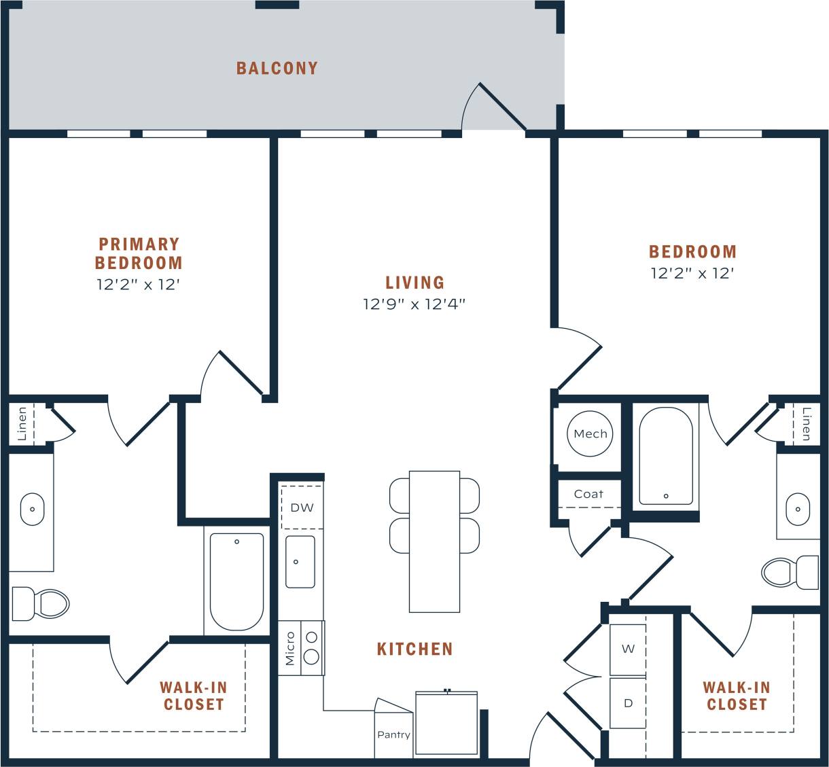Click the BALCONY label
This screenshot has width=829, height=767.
point(277,68)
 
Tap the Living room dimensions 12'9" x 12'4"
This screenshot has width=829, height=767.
point(414,304)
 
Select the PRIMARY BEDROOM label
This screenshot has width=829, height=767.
point(139,253)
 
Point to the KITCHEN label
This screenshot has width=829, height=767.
point(414,649)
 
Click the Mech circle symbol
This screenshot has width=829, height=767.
point(590,433)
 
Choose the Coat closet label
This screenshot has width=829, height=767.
point(588,494)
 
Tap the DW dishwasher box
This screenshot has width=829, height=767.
point(302,507)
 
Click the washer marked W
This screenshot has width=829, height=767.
point(628,649)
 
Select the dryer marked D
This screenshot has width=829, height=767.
point(628,703)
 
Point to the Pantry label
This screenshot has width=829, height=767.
point(393,734)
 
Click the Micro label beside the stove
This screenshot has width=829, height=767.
point(290,648)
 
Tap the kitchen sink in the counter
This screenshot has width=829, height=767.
point(300,562)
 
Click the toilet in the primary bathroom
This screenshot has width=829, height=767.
point(42,603)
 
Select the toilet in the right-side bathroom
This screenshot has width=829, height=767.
point(790,572)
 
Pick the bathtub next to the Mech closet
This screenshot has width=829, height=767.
point(666,456)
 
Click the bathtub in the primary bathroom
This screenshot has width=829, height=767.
point(236,582)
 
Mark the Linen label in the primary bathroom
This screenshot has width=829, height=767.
point(22,424)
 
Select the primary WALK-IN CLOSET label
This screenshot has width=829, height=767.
point(194,696)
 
